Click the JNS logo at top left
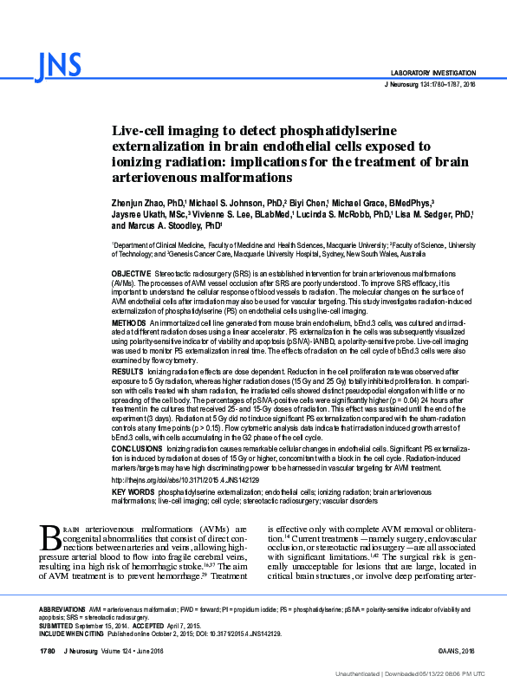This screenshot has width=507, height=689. click(59, 64)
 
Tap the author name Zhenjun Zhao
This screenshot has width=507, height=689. click(138, 201)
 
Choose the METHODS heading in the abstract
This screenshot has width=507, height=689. click(129, 322)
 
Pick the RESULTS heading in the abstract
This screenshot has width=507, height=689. click(128, 370)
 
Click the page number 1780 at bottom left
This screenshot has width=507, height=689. click(48, 650)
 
